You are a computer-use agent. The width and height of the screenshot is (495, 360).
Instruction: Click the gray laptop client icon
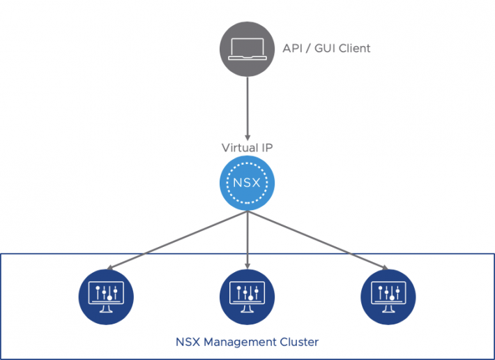(x=247, y=47)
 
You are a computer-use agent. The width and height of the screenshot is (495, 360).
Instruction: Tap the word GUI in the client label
(x=326, y=48)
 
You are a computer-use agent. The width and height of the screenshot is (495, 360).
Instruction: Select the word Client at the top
(x=356, y=48)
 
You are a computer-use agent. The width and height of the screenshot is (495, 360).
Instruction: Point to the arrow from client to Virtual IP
(x=247, y=105)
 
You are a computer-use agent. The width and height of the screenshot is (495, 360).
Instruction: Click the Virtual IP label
(x=247, y=148)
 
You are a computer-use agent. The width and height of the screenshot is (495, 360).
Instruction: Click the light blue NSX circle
(x=247, y=185)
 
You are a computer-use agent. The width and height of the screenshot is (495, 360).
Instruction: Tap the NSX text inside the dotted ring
(x=247, y=185)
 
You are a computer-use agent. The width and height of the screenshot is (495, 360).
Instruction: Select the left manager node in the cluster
(x=107, y=295)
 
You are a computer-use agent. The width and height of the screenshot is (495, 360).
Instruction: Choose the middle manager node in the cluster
(x=247, y=295)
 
